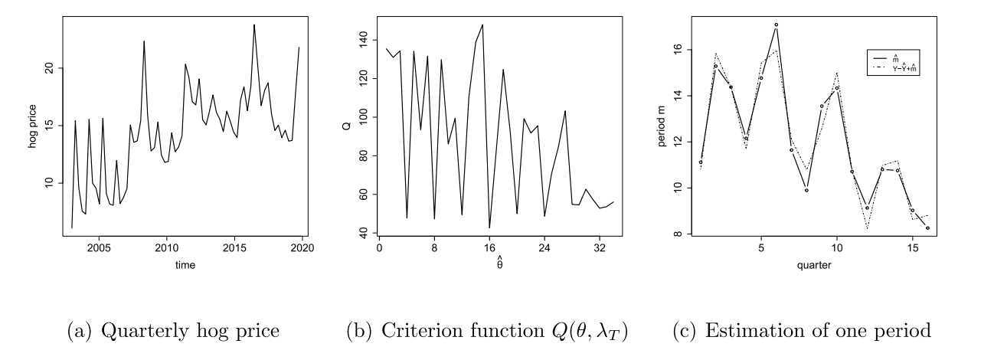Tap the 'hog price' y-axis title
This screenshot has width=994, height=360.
pos(33,126)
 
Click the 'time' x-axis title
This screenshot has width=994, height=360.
pos(185,266)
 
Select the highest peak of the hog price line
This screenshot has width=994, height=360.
pos(254,25)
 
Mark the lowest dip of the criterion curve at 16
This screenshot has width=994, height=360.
pos(489,227)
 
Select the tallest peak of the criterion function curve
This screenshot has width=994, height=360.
pos(482,25)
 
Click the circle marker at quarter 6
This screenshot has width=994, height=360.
pos(776,25)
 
